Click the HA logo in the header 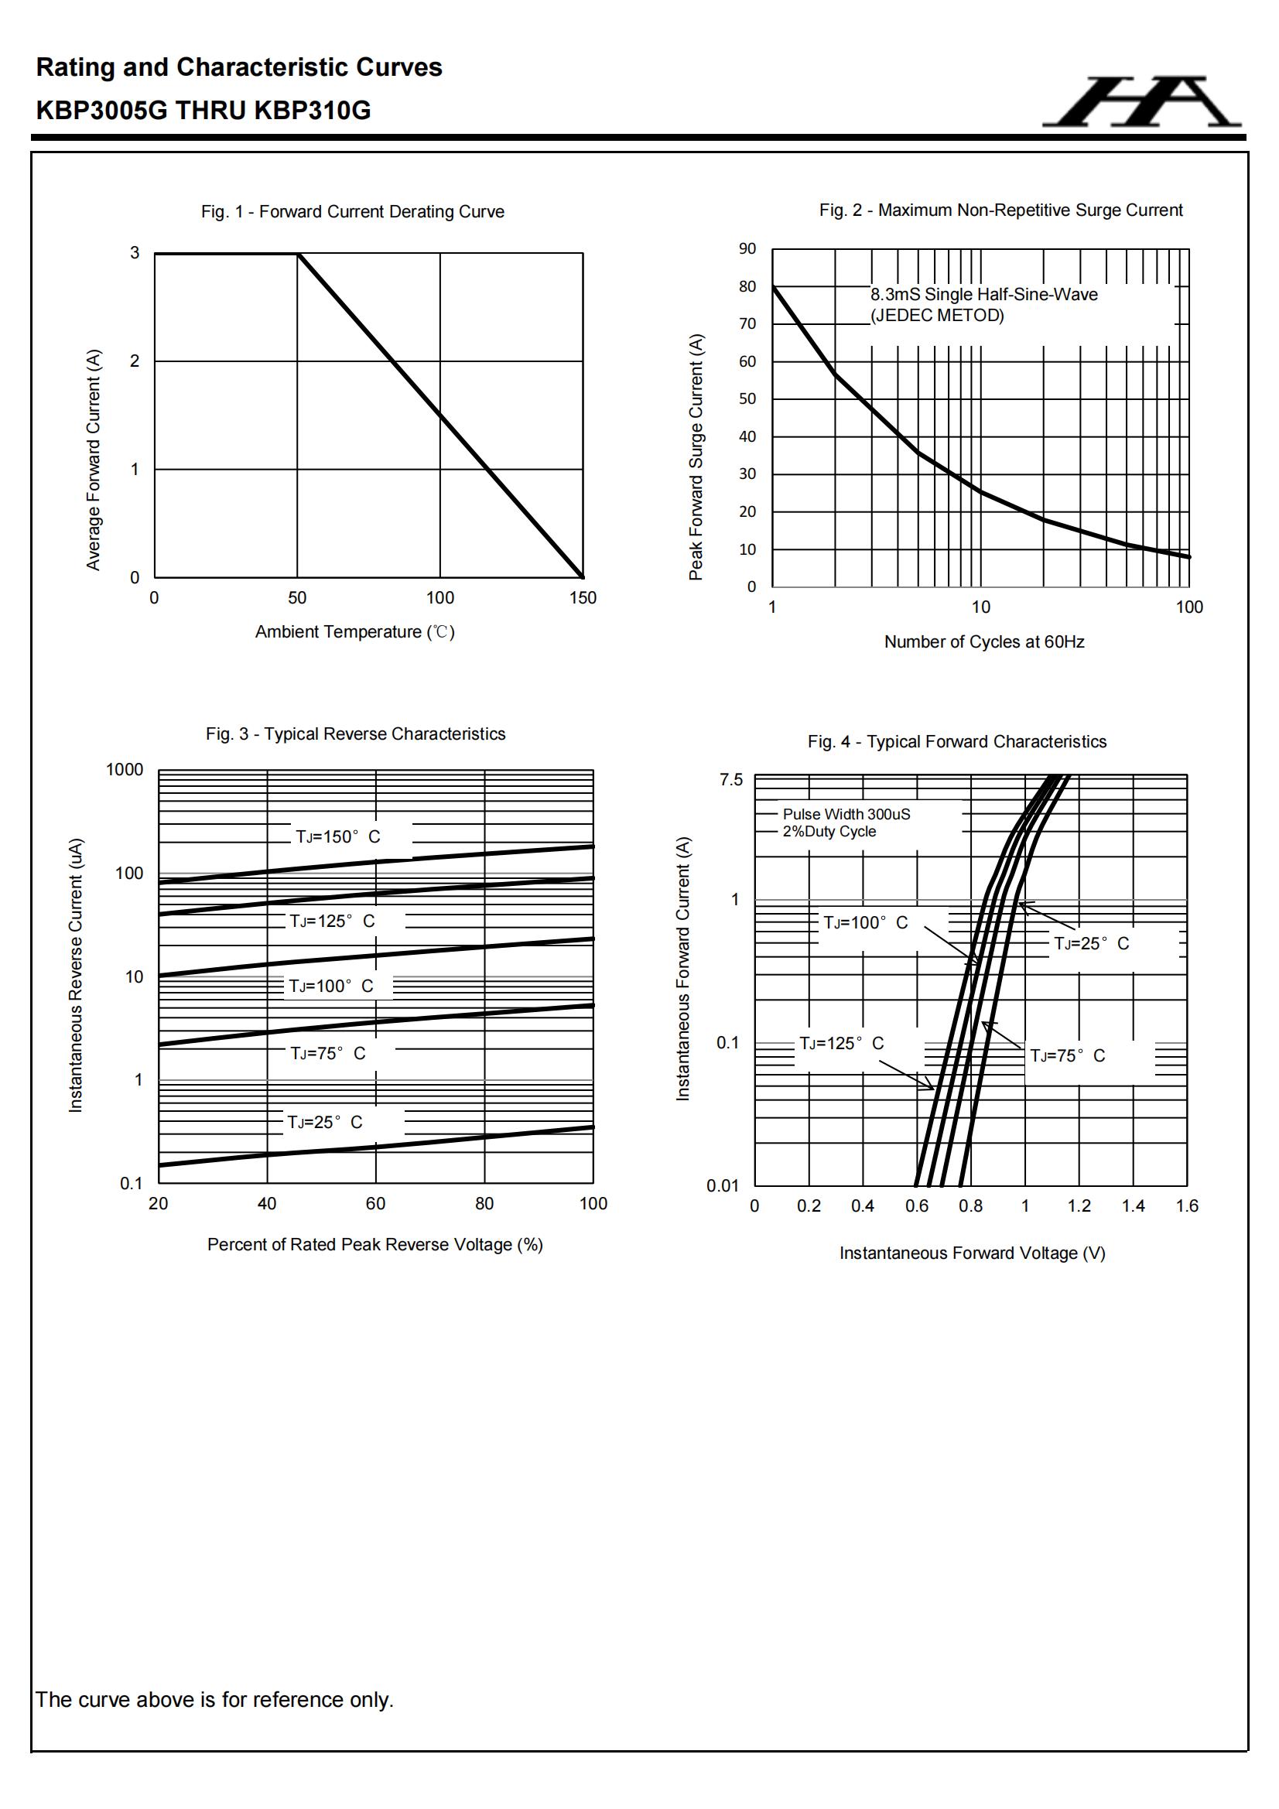(1141, 101)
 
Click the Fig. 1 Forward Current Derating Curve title (352, 211)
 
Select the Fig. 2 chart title (1000, 210)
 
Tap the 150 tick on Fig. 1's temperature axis (583, 598)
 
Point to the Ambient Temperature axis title (354, 632)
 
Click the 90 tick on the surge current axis (747, 249)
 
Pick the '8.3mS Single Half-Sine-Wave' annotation (983, 295)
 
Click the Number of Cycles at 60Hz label (983, 642)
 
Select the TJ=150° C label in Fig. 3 (337, 836)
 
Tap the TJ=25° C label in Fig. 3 (325, 1122)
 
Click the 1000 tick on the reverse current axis (125, 770)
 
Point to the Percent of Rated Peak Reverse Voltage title (375, 1245)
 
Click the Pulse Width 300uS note (846, 814)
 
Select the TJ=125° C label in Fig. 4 (841, 1043)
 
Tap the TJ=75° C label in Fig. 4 (1067, 1056)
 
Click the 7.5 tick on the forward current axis (730, 780)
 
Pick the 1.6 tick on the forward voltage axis (1187, 1206)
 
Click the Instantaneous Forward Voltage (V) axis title (972, 1253)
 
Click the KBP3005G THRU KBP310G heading (203, 111)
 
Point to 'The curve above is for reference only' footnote (214, 1699)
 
